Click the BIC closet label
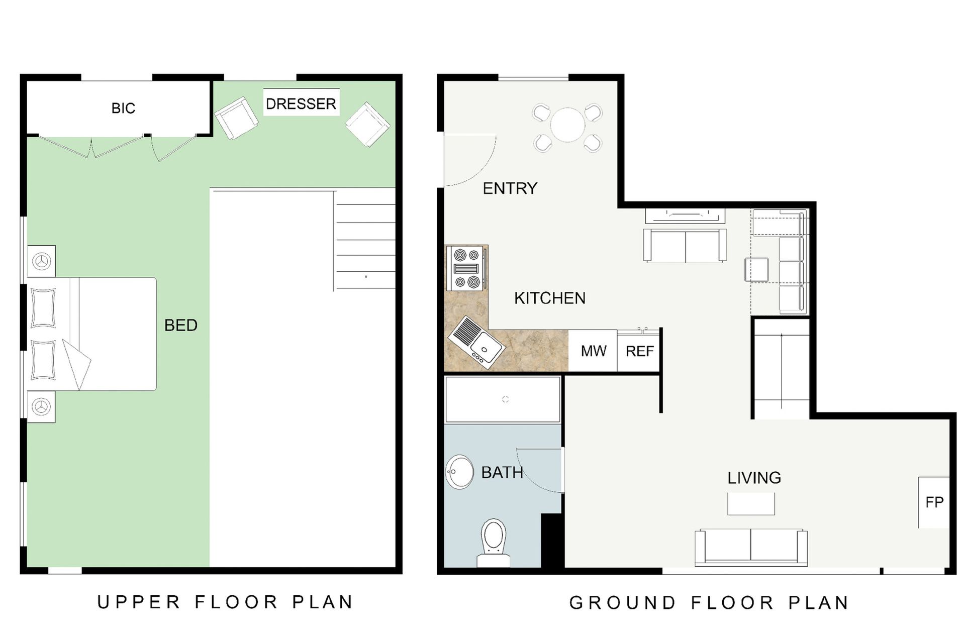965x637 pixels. click(123, 108)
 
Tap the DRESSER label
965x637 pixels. click(301, 104)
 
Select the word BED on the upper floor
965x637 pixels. click(181, 326)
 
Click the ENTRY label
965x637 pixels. click(510, 188)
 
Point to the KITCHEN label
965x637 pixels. click(550, 298)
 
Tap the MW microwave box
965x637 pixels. click(593, 351)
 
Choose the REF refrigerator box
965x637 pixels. click(639, 351)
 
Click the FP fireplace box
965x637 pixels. click(934, 502)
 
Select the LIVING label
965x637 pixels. click(754, 478)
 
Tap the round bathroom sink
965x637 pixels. click(459, 472)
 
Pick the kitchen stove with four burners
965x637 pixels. click(467, 268)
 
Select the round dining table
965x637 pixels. click(568, 125)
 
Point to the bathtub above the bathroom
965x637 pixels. click(503, 400)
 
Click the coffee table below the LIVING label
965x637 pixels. click(751, 504)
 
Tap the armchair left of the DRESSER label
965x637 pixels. click(236, 119)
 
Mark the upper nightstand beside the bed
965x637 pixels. click(41, 261)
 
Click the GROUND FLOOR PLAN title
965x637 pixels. click(709, 602)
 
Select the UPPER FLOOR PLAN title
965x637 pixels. click(225, 602)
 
